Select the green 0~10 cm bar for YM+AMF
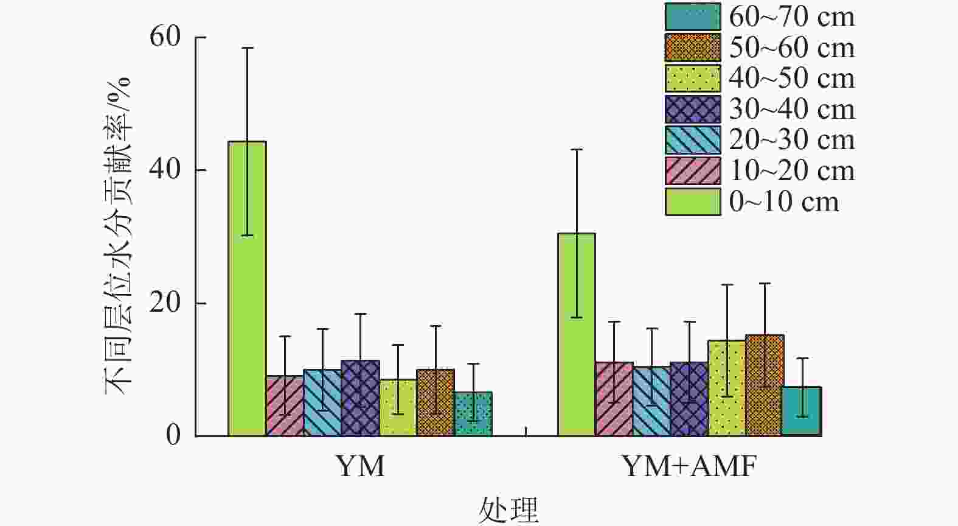(577, 334)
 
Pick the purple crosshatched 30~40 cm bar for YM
(360, 398)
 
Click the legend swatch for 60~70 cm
(693, 16)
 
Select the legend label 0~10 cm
(784, 202)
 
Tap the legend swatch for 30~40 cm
(693, 110)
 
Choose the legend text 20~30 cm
(792, 140)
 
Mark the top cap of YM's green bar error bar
(247, 47)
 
